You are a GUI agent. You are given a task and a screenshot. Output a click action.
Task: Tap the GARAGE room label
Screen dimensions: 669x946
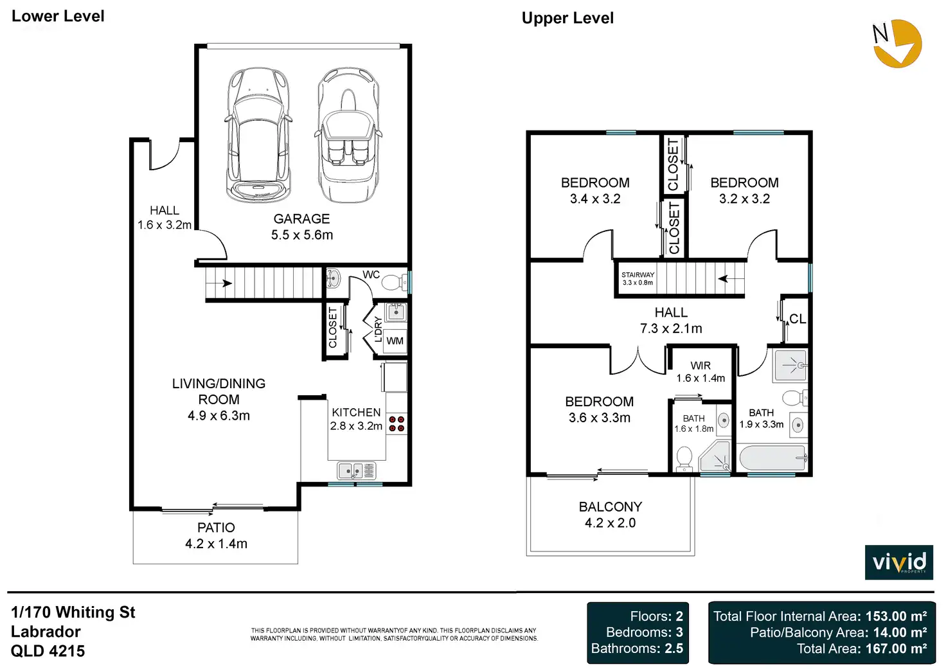pos(301,219)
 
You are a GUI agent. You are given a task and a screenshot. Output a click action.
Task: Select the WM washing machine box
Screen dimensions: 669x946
pos(395,341)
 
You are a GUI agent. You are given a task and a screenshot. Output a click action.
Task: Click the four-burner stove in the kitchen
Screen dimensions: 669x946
pos(397,424)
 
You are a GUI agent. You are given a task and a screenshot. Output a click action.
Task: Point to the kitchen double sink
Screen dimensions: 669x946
pos(356,472)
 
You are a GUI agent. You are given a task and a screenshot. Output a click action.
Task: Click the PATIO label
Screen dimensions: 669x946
pos(216,528)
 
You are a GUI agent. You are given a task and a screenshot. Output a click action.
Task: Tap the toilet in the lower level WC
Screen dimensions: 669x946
pos(395,282)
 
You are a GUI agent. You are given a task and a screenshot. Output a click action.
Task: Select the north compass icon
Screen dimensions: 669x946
pos(897,43)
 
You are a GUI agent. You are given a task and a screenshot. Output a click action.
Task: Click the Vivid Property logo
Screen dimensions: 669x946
pos(898,562)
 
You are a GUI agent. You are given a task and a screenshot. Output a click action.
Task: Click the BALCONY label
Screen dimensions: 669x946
pos(610,507)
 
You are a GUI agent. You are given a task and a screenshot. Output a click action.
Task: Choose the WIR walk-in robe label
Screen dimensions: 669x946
pos(701,366)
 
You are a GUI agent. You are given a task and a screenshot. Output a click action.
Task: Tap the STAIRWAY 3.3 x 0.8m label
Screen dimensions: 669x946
pos(638,278)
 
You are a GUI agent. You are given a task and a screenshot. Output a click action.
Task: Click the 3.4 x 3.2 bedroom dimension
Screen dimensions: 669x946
pos(595,199)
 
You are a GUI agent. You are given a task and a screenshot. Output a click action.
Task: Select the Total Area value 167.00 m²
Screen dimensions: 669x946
pos(896,648)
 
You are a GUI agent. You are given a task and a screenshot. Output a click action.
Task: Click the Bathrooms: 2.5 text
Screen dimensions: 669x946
pos(637,648)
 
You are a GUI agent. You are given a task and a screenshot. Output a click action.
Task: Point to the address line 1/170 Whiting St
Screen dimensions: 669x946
pos(73,612)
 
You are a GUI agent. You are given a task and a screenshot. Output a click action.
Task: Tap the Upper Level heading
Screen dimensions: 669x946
pos(567,18)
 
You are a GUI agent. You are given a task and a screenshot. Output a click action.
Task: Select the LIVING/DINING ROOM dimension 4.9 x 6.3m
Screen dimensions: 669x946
pos(219,416)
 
